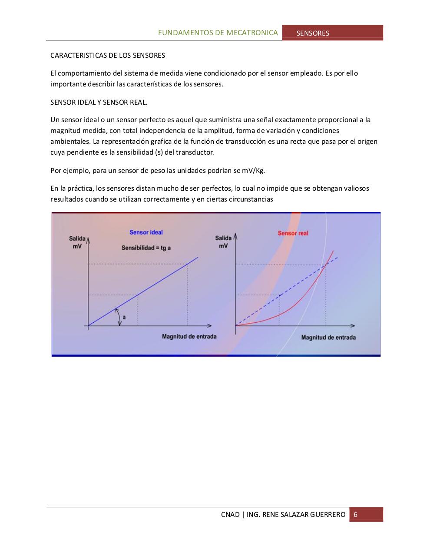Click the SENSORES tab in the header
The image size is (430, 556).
[x=313, y=33]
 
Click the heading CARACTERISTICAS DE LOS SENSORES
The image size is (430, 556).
[x=108, y=56]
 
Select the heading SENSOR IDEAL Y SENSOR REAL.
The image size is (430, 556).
[x=99, y=103]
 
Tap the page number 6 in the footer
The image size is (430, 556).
[x=356, y=515]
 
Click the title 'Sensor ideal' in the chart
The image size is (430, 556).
[x=146, y=232]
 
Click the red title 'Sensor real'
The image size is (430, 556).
[x=293, y=233]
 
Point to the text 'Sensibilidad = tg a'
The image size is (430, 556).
[x=146, y=248]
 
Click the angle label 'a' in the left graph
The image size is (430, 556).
[x=124, y=318]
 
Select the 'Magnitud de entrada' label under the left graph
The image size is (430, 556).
[x=189, y=337]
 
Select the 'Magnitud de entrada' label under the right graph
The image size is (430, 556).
[x=328, y=338]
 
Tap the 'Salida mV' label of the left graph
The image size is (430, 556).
[x=77, y=242]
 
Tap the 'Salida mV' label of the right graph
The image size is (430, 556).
[x=223, y=242]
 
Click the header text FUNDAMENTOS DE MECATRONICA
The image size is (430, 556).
[x=218, y=33]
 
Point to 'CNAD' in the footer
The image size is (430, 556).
[x=230, y=515]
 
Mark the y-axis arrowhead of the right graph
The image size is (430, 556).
[x=235, y=237]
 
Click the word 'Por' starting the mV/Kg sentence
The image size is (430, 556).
[x=56, y=170]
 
